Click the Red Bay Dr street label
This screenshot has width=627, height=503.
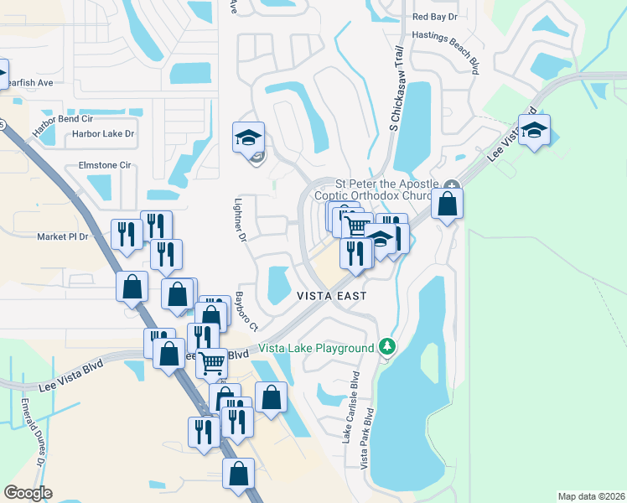coord(435,17)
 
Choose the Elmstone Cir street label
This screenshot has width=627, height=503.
coord(105,166)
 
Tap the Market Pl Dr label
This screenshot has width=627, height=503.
coord(62,237)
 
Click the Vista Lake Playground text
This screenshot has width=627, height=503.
coord(316,349)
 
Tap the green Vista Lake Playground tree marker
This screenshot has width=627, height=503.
coord(386,345)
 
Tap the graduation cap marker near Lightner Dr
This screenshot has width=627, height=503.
coord(248,137)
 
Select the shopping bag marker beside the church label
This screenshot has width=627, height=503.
coord(448,205)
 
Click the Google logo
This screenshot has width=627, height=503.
coord(28,492)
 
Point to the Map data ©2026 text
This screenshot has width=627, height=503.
coord(590,496)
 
